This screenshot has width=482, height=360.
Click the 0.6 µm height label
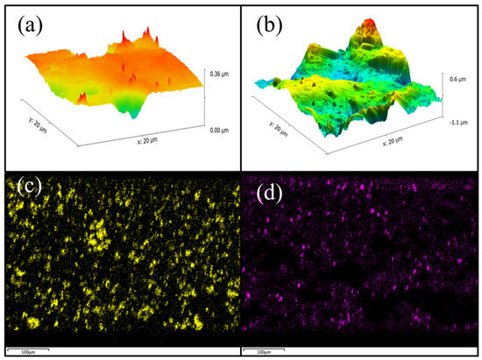[x=457, y=79]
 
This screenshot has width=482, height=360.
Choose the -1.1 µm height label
[x=457, y=123]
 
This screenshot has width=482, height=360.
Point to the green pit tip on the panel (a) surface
[x=133, y=114]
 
